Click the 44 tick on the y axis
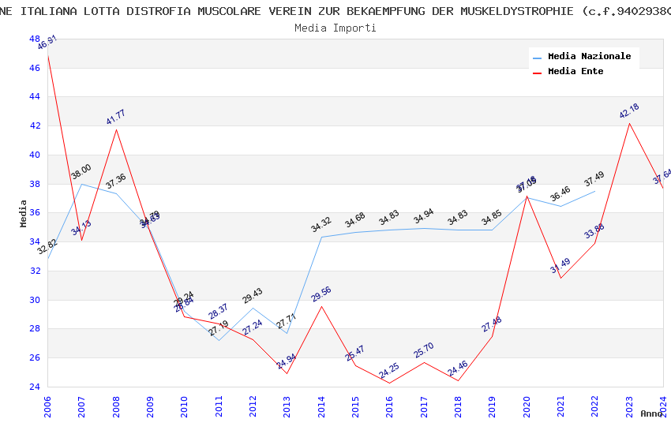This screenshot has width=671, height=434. pos(34,97)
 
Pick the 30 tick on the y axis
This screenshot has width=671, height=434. pos(34,300)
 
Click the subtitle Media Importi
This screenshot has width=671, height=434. pos(335,28)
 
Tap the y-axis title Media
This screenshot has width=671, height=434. pos(23,213)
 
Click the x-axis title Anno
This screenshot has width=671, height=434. pos(651,413)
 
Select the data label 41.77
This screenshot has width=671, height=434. pos(116,118)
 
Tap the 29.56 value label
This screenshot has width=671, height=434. pos(321,294)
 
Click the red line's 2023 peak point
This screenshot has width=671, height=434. pos(629,123)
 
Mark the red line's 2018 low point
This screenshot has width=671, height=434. pos(458,380)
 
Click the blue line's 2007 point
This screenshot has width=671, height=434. pos(82,184)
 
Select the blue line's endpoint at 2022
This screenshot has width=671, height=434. pos(594,191)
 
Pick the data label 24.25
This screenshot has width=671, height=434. pos(389,371)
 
